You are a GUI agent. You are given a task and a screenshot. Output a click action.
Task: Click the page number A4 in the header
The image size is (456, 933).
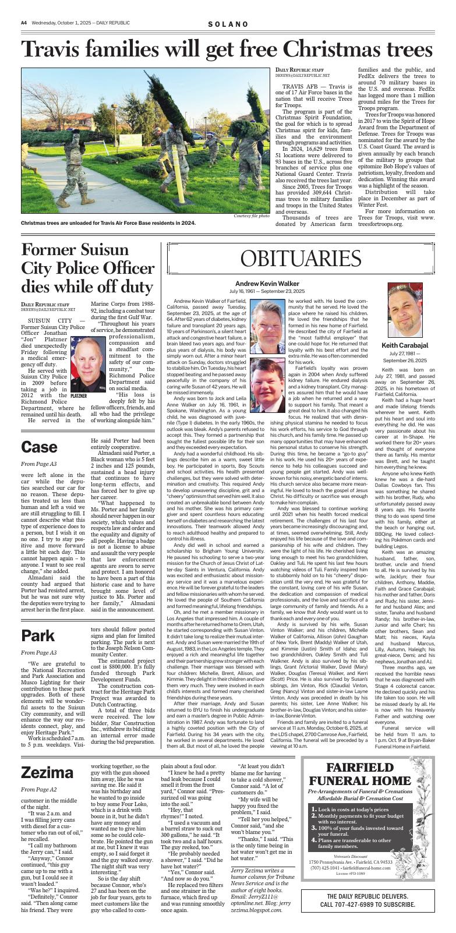(24, 23)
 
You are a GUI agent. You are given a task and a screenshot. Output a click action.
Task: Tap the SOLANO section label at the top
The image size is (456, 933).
(228, 23)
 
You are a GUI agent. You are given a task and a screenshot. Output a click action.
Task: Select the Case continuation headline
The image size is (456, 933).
(39, 447)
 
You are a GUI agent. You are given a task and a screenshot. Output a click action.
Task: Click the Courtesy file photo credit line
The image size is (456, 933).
(251, 216)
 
